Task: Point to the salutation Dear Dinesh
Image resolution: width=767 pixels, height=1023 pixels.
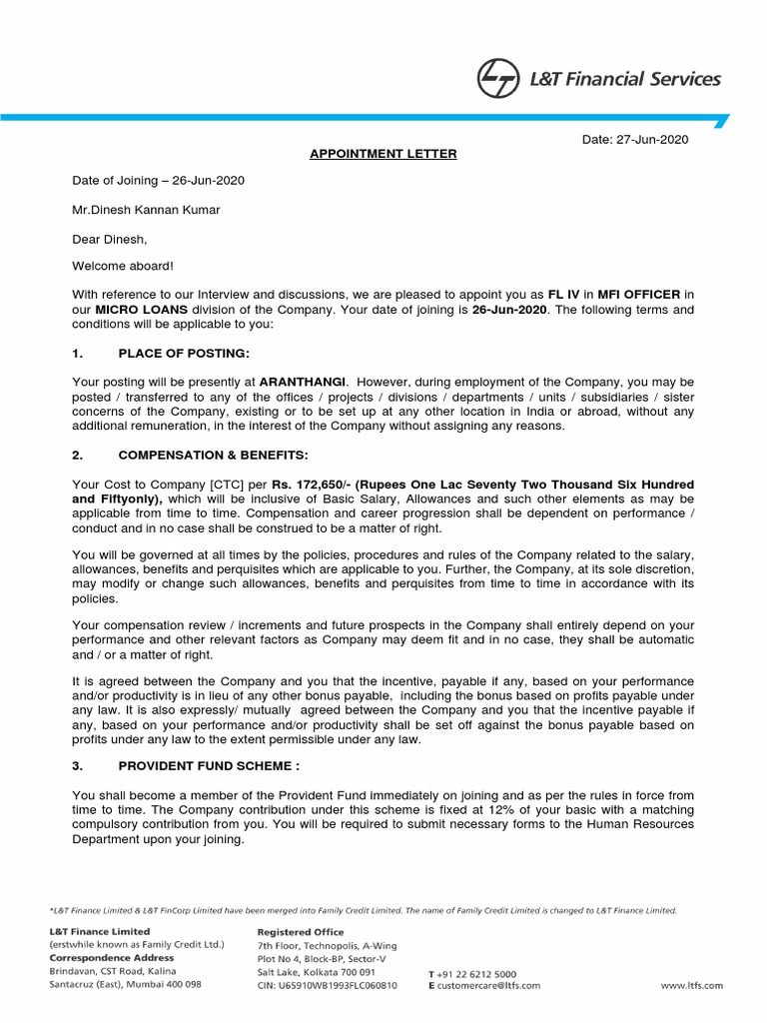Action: (x=109, y=239)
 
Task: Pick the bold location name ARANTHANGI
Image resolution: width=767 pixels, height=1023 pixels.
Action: (x=304, y=383)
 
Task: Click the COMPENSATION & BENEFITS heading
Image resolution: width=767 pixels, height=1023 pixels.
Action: (x=213, y=455)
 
